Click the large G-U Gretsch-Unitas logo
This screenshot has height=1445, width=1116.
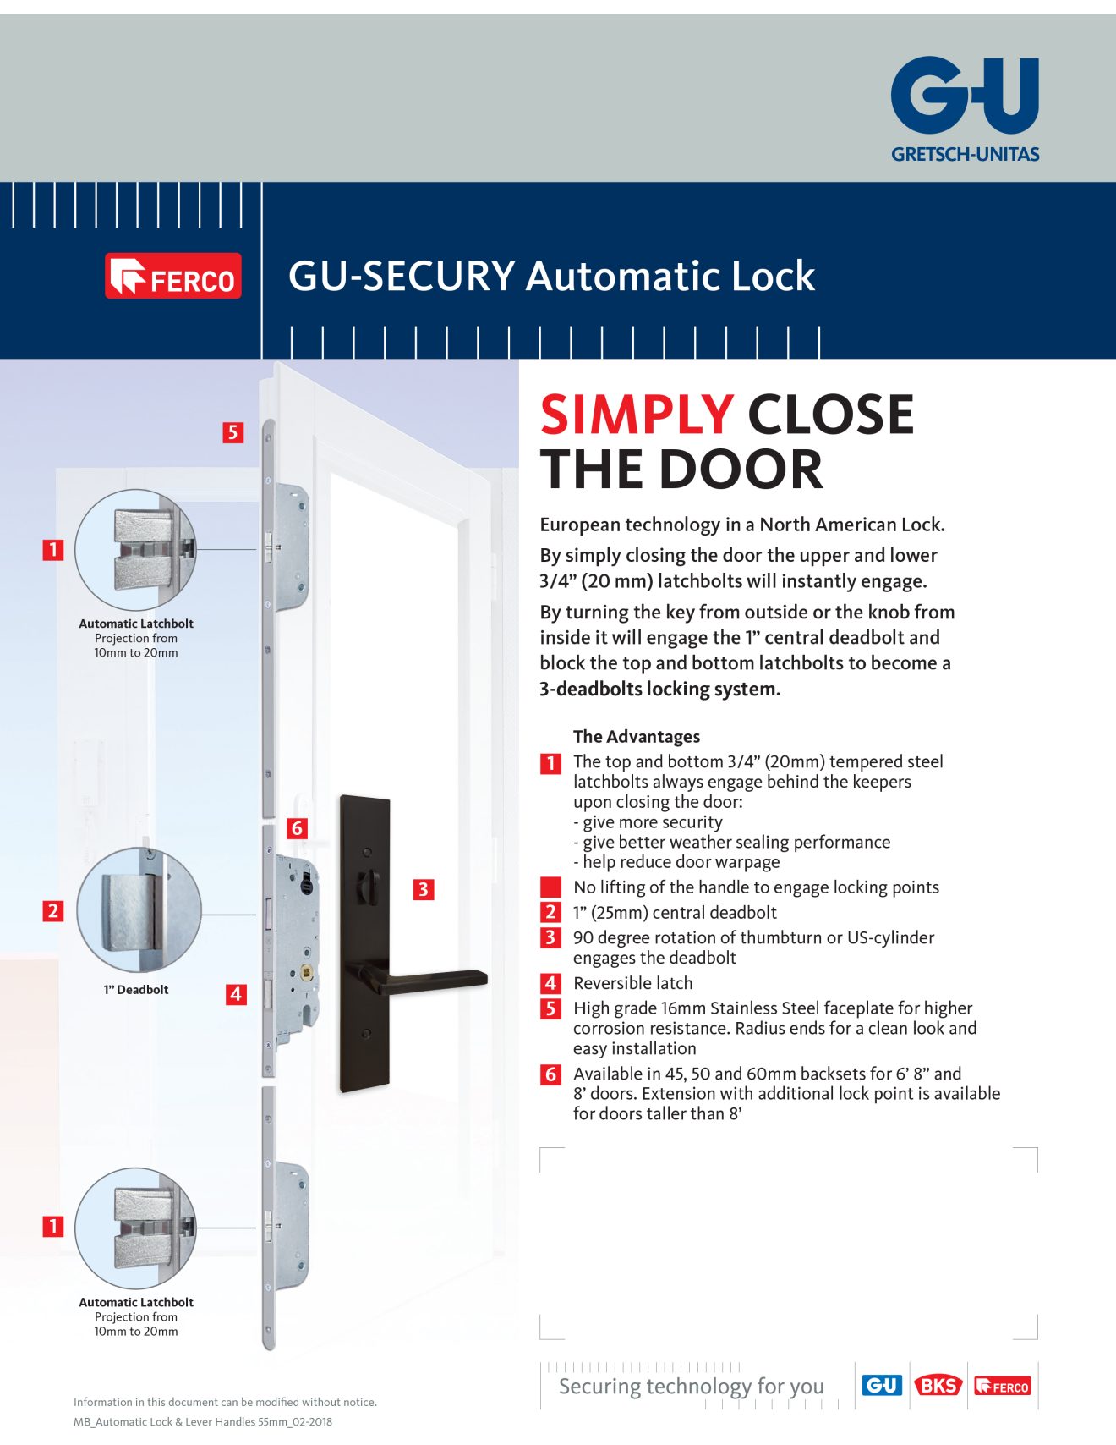tap(965, 106)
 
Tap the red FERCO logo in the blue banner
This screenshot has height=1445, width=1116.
tap(173, 276)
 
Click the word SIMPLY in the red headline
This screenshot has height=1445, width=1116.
tap(636, 415)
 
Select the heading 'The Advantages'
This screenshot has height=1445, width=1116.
tap(637, 736)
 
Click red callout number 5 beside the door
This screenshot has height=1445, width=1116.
tap(232, 432)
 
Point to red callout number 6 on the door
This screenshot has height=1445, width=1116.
tap(297, 827)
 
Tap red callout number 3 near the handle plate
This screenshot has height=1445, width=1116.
tap(423, 889)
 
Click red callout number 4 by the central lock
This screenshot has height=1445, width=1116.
tap(236, 994)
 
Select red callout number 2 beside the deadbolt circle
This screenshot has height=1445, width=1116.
tap(53, 911)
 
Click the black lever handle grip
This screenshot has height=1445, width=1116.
tap(440, 979)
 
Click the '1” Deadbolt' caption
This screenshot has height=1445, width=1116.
tap(135, 989)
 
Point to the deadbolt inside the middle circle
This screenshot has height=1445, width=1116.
tap(131, 912)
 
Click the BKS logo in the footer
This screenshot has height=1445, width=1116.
tap(938, 1386)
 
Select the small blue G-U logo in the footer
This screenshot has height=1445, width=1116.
tap(882, 1386)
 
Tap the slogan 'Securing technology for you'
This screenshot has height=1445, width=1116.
tap(691, 1386)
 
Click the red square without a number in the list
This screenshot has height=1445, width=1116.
tap(550, 887)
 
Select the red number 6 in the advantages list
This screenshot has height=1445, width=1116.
tap(550, 1074)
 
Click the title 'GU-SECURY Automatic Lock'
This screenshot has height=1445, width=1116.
tap(551, 276)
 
